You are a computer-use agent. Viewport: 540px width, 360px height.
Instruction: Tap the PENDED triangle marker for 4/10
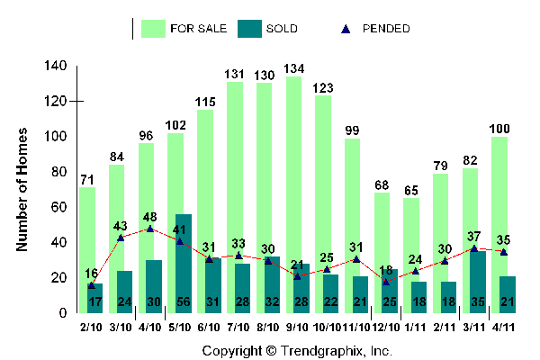(x=149, y=229)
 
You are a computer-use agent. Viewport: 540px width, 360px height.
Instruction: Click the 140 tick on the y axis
(x=56, y=67)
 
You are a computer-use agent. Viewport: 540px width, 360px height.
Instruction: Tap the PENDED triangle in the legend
(x=346, y=29)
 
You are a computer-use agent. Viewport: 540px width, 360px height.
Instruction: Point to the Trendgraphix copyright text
(x=296, y=350)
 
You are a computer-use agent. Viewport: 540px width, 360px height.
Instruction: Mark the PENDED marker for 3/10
(x=121, y=238)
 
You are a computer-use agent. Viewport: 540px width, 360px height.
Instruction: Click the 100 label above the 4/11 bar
(x=499, y=129)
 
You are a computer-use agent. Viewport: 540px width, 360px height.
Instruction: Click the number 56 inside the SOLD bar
(x=184, y=301)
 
